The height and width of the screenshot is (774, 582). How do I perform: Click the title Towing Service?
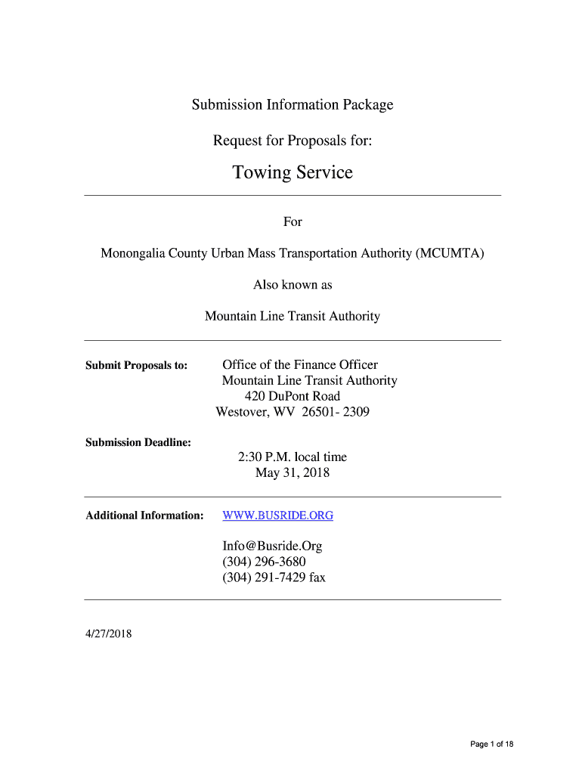(293, 173)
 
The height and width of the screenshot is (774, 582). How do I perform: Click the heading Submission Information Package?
(293, 104)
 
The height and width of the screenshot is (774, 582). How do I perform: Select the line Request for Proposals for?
(293, 141)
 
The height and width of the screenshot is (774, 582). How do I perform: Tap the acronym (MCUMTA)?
(449, 253)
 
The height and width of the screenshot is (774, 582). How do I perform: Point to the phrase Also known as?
(293, 285)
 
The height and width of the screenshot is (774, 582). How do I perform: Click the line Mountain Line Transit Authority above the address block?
(293, 316)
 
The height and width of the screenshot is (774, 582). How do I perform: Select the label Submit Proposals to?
(137, 366)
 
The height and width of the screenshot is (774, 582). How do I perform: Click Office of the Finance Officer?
(300, 365)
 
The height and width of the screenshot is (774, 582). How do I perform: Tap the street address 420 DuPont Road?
(293, 396)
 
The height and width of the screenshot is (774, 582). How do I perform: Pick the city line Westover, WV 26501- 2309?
(293, 412)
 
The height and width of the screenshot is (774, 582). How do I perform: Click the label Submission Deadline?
(138, 442)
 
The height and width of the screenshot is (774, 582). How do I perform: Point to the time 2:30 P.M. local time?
(293, 457)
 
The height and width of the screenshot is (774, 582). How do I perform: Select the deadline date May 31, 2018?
(293, 473)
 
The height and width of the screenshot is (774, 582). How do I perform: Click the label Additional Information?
(144, 515)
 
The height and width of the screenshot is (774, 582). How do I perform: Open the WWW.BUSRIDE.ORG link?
(277, 515)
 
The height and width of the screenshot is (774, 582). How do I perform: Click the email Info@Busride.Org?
(272, 546)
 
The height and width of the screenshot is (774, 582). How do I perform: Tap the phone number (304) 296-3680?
(264, 562)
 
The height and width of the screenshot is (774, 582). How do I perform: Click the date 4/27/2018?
(109, 634)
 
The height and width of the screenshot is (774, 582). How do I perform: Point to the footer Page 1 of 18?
(491, 745)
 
